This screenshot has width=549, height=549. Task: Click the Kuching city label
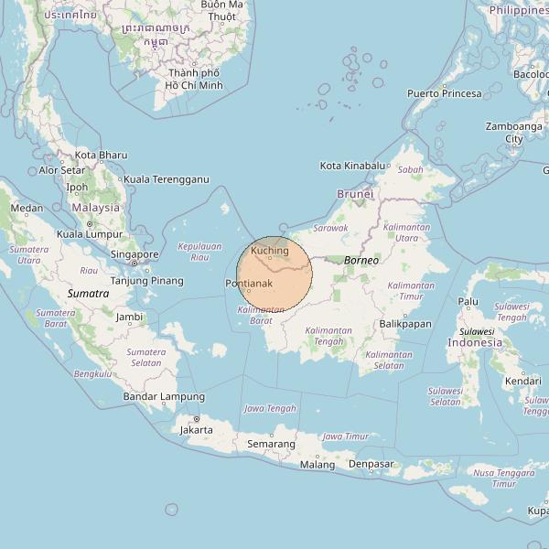[x=270, y=250]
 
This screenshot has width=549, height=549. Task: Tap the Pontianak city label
[x=249, y=284]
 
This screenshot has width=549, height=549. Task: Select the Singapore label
[x=135, y=254]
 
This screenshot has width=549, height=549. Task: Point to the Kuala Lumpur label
[x=90, y=234]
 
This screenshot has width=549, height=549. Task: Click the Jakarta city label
[x=197, y=429]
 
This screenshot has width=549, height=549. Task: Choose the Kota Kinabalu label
[x=352, y=166]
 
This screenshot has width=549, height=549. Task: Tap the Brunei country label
[x=356, y=194]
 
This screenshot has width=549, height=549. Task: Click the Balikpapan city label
[x=404, y=324]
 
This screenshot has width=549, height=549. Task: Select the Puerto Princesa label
[x=444, y=93]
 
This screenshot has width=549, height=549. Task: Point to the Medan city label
[x=27, y=208]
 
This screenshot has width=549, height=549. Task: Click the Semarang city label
[x=271, y=444]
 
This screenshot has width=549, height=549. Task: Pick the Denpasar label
[x=371, y=464]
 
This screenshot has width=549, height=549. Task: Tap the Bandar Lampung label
[x=164, y=397]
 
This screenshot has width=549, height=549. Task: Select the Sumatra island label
[x=89, y=294]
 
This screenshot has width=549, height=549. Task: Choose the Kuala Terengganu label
[x=167, y=179]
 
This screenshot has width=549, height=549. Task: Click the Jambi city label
[x=130, y=317]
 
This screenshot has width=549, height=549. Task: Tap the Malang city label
[x=318, y=465]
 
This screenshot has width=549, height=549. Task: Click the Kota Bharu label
[x=101, y=156]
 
